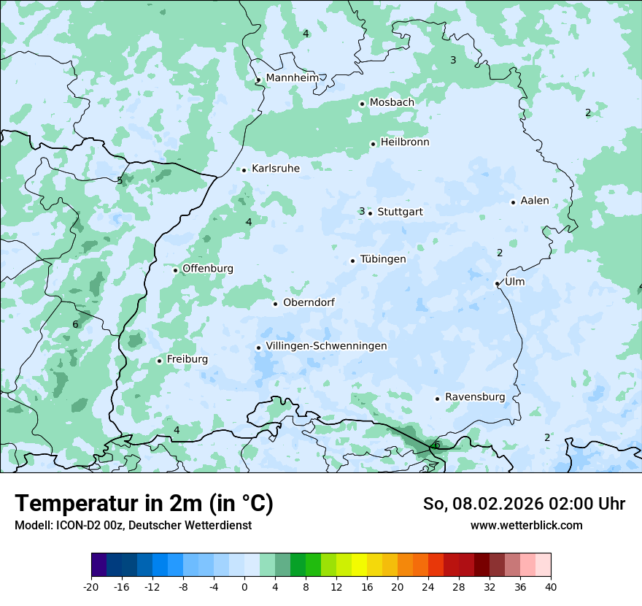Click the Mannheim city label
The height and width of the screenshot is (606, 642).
292,78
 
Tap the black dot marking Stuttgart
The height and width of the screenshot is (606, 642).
371,213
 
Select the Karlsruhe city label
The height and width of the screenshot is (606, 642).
276,169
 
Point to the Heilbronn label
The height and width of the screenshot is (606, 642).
405,142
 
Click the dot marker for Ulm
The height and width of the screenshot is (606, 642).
498,283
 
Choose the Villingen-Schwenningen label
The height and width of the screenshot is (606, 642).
326,346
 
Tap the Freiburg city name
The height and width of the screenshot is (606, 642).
187,359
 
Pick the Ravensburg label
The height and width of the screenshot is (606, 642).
475,397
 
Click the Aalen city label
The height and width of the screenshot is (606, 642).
535,201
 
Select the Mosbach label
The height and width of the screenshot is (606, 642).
392,103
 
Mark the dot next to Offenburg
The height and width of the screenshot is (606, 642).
176,270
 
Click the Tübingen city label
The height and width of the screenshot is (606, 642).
383,259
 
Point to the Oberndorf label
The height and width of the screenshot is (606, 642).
309,302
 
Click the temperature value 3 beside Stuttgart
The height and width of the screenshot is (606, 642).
361,212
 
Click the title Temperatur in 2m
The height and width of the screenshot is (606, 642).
144,504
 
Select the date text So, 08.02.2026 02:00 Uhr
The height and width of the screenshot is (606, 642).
524,504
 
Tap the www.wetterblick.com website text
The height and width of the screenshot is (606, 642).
526,525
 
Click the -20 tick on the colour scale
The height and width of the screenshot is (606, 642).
91,587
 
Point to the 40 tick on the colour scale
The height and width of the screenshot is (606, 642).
551,587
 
